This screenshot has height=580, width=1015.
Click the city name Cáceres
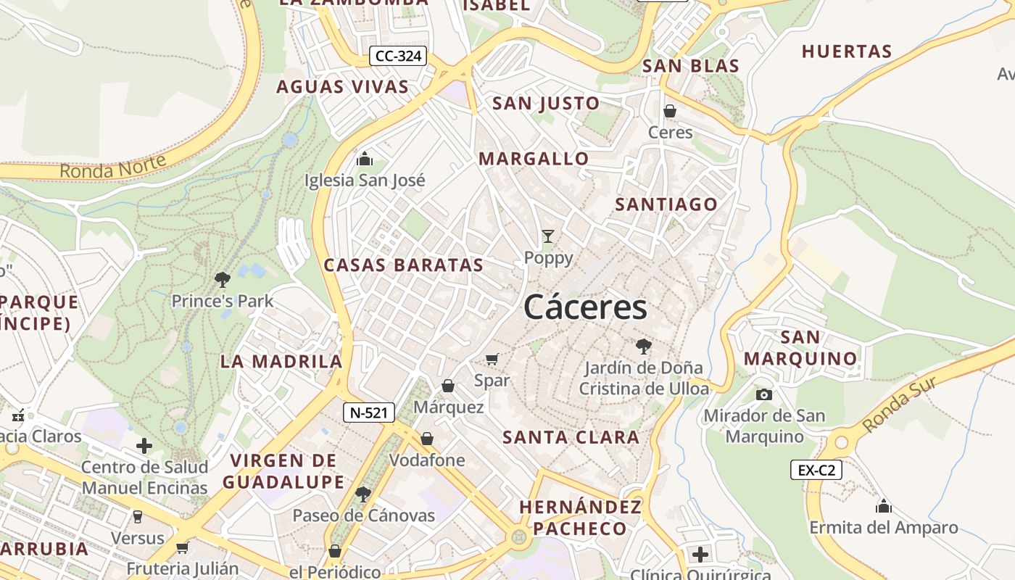coord(585,307)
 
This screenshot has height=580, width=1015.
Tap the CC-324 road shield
coord(398,56)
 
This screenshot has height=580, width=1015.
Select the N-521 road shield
coord(369,413)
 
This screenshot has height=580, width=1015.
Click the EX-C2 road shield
coord(816,470)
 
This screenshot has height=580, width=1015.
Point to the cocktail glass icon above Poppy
coord(548,236)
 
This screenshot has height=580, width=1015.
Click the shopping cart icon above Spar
coord(492,359)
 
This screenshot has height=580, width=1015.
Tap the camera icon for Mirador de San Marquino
coord(764,394)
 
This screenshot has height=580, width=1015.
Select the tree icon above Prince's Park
coord(223,279)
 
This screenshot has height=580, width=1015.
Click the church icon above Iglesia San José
coord(365,159)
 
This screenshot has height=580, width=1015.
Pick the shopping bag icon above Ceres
coord(670,111)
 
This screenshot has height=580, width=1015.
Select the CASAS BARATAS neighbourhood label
coord(403,265)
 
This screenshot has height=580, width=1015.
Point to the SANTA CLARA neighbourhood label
coord(571,437)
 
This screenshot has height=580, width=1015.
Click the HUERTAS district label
coord(846,51)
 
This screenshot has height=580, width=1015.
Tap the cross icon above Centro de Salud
coord(144,445)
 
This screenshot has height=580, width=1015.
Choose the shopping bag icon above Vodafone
coord(427,439)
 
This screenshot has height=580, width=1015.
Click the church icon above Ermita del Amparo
coord(884,506)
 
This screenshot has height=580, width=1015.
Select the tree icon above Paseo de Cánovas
coord(363,494)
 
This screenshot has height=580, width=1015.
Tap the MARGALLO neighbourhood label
coord(534,159)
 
